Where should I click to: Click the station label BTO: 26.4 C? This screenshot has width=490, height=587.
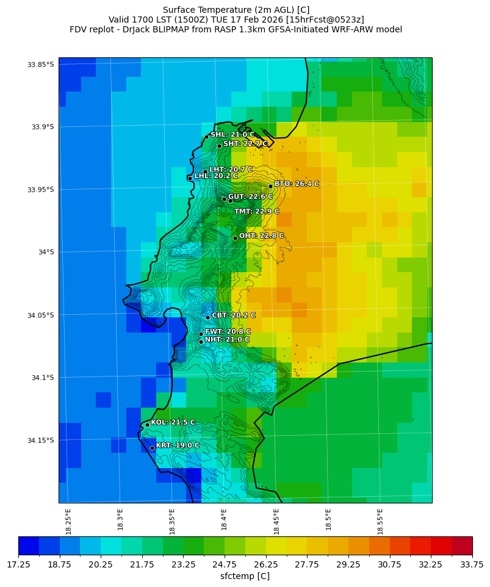click(297, 184)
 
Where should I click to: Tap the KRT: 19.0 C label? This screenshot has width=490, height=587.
click(178, 445)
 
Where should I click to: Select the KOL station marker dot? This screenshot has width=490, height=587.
click(147, 425)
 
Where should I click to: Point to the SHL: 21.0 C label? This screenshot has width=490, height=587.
click(232, 134)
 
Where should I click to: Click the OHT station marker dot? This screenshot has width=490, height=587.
click(235, 238)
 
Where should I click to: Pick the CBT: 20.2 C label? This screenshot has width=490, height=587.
click(234, 315)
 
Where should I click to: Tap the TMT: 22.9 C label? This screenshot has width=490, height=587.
click(256, 211)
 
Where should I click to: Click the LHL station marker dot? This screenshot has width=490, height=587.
click(190, 178)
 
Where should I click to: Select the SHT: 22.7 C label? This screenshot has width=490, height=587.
click(245, 143)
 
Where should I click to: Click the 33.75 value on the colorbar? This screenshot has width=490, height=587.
click(470, 565)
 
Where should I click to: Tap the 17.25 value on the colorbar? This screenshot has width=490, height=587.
click(18, 565)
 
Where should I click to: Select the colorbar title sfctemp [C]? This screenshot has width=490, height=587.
click(245, 576)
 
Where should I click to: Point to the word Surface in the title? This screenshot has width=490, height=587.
click(181, 10)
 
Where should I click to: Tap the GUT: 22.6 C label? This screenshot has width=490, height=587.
click(250, 196)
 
